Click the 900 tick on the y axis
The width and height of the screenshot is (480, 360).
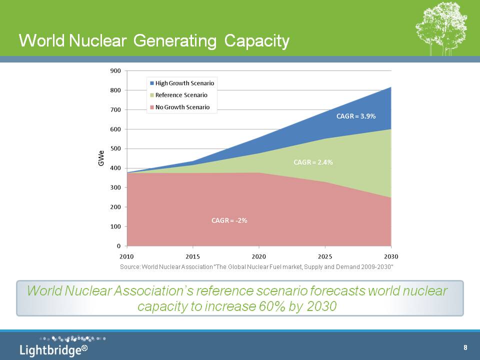[x=115, y=70]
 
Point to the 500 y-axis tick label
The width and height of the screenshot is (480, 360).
[x=115, y=148]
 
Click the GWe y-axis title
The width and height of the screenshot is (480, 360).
[x=101, y=158]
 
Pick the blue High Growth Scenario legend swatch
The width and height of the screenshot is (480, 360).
[x=151, y=83]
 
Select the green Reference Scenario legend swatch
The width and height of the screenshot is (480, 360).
[x=151, y=95]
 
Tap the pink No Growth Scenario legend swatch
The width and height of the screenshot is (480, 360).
[x=151, y=107]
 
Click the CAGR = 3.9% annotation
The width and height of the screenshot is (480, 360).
[x=355, y=116]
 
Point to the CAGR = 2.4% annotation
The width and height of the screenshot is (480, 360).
[x=313, y=162]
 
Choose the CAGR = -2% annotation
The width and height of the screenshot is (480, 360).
[x=229, y=220]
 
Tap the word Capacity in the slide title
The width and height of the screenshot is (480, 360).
[x=257, y=41]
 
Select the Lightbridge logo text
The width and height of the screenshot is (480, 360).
[x=50, y=349]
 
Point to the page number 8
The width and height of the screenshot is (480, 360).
[x=465, y=347]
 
